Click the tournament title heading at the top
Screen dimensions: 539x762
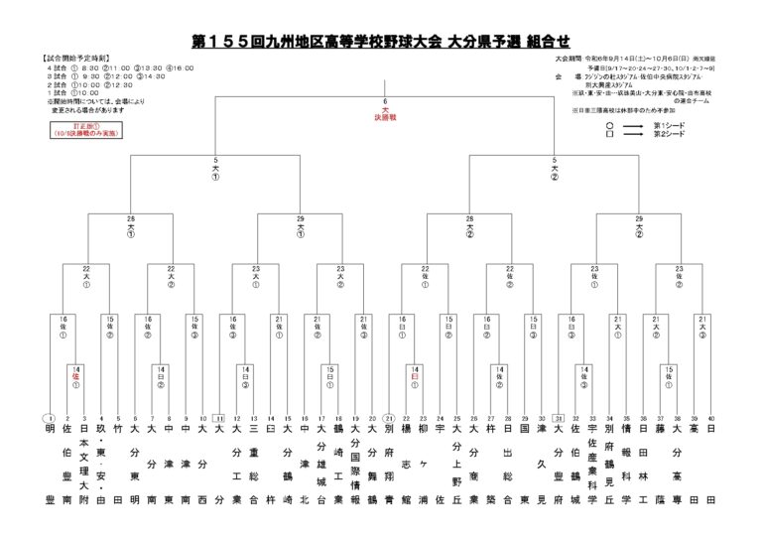tap(380, 42)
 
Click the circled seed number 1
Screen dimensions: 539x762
tap(48, 418)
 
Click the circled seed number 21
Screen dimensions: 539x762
tap(390, 418)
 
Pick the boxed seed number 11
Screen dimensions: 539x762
tap(219, 418)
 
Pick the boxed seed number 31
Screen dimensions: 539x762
tap(560, 418)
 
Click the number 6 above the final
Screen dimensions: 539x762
tap(384, 100)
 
